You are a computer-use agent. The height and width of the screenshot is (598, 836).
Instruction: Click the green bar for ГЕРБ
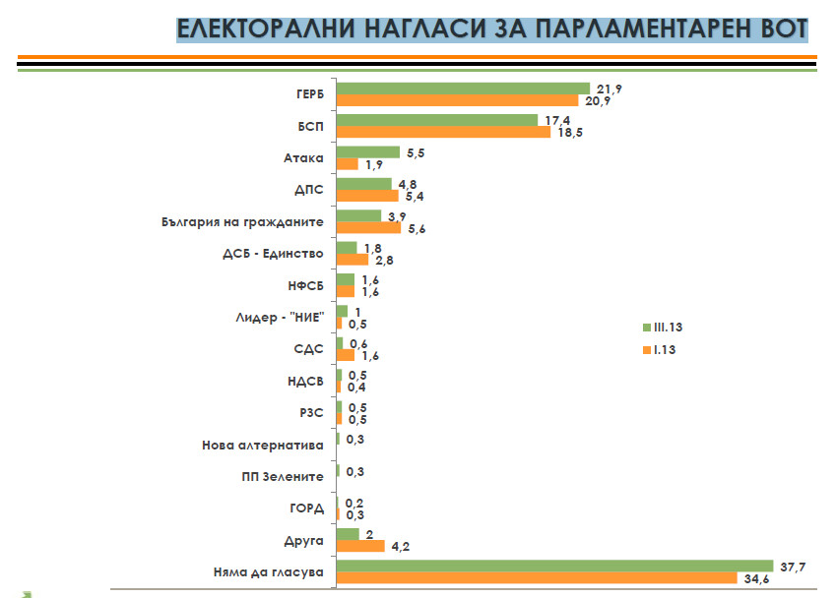tap(463, 88)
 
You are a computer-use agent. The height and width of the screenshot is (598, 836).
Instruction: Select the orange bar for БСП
tap(443, 132)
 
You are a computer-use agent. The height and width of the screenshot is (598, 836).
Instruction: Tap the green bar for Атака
tap(367, 151)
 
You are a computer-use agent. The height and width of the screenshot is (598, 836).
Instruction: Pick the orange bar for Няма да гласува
tap(537, 577)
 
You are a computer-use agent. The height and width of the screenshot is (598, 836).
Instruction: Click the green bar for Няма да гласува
tap(551, 565)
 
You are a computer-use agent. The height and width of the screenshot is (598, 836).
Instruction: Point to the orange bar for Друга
tap(360, 546)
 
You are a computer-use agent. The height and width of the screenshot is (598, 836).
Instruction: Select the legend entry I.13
tap(665, 349)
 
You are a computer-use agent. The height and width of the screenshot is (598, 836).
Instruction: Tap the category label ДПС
tap(309, 190)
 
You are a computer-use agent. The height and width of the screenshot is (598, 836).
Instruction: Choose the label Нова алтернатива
tap(263, 445)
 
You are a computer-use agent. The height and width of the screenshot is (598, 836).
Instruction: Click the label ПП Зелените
tap(284, 476)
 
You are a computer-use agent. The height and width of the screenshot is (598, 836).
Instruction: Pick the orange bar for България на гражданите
tap(368, 227)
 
